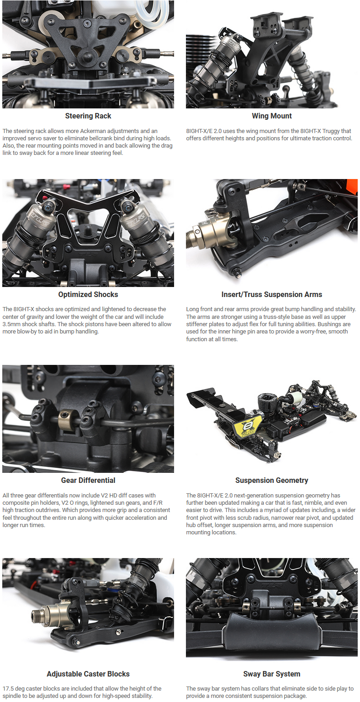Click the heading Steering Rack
coord(88,116)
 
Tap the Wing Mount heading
coord(272,116)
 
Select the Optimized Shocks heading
coord(88,294)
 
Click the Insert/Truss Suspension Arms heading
coord(272,294)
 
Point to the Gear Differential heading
coord(88,480)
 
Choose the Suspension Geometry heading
coord(272,480)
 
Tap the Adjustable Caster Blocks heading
coord(88,674)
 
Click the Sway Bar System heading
coord(272,674)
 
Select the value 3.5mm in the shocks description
coord(11,324)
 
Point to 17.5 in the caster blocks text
coord(8,688)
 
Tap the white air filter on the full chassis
coord(296,398)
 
